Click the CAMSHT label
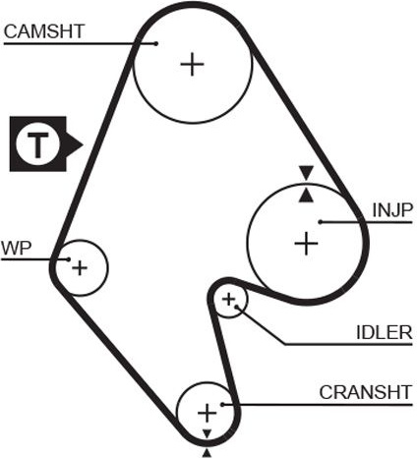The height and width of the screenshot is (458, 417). pyautogui.click(x=44, y=31)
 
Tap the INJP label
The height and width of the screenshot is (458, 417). pyautogui.click(x=392, y=210)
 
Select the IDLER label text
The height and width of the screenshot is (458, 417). pyautogui.click(x=384, y=332)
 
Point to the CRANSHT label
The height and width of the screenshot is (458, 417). pyautogui.click(x=366, y=392)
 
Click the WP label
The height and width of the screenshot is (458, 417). pyautogui.click(x=17, y=248)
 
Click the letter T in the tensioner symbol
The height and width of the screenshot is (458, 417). pyautogui.click(x=38, y=144)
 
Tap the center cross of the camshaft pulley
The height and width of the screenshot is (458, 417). pyautogui.click(x=192, y=64)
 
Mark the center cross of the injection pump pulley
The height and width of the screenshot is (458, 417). pyautogui.click(x=306, y=244)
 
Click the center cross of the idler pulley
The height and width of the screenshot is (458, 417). pyautogui.click(x=229, y=299)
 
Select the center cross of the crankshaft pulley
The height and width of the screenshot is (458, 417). pyautogui.click(x=207, y=413)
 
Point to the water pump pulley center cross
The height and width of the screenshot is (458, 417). pyautogui.click(x=80, y=268)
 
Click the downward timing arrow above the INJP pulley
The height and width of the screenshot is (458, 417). pyautogui.click(x=307, y=173)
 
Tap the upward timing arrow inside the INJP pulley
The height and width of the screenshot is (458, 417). pyautogui.click(x=306, y=196)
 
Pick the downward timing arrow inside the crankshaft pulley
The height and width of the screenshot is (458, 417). pyautogui.click(x=207, y=433)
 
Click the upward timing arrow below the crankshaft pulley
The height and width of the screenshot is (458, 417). pyautogui.click(x=207, y=453)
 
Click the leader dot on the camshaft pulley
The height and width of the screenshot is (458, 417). pyautogui.click(x=156, y=43)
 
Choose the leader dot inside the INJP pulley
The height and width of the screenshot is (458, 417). pyautogui.click(x=321, y=222)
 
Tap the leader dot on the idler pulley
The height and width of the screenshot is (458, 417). pyautogui.click(x=236, y=307)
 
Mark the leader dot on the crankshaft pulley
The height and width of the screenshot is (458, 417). pyautogui.click(x=222, y=405)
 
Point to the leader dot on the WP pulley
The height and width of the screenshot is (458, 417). pyautogui.click(x=69, y=259)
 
